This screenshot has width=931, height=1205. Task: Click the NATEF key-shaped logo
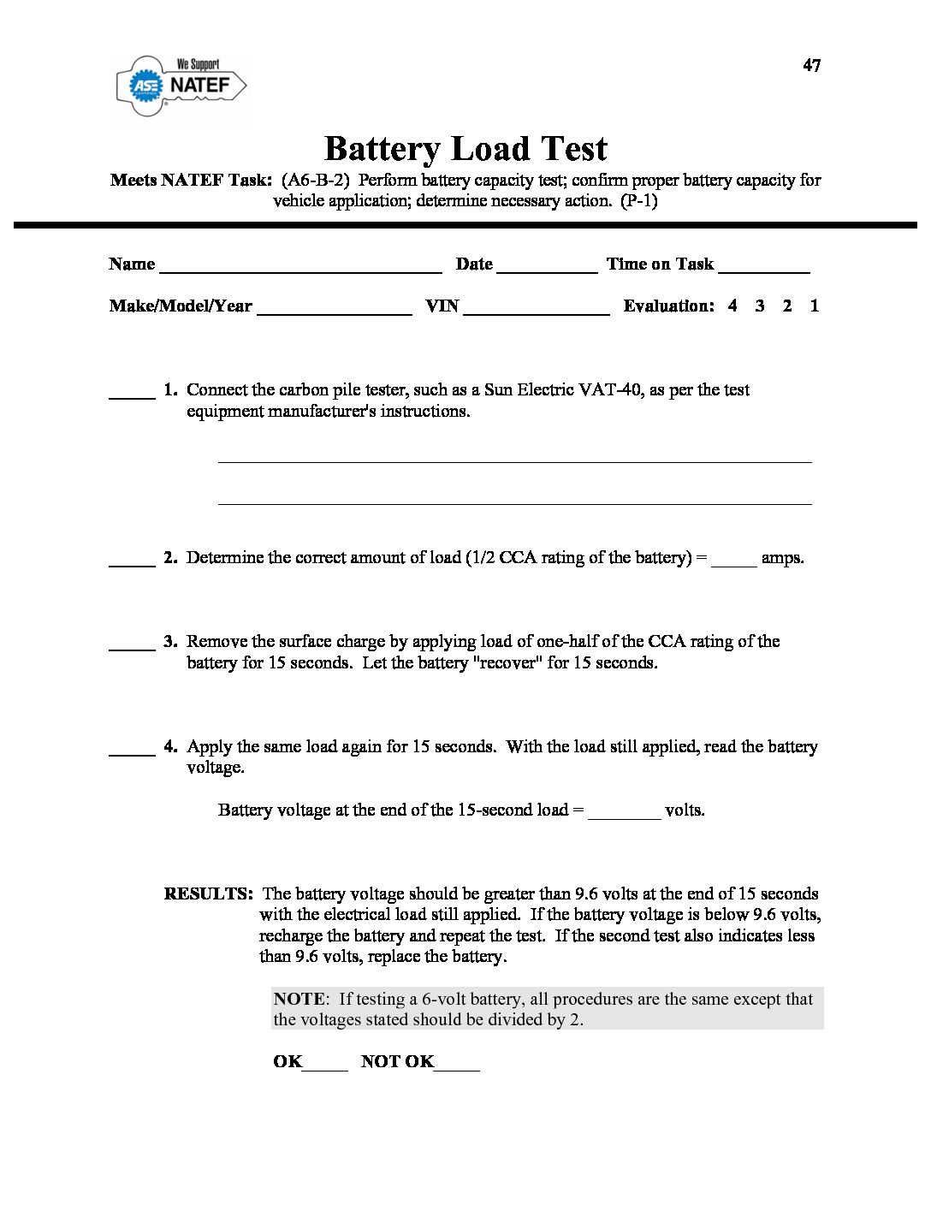click(181, 86)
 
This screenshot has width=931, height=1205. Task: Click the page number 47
click(811, 66)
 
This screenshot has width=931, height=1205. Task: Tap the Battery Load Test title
click(465, 149)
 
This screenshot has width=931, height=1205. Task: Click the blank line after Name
click(300, 267)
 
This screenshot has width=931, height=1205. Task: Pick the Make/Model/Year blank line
click(334, 310)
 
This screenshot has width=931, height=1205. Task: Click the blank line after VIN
click(536, 310)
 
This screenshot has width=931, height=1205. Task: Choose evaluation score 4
click(732, 306)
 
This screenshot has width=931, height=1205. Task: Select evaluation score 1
click(814, 306)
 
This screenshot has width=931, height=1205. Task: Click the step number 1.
click(169, 390)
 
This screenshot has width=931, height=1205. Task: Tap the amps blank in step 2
click(733, 561)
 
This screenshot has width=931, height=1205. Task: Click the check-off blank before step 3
click(132, 645)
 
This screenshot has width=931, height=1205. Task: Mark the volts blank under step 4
click(625, 814)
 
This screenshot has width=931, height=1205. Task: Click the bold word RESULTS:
click(208, 894)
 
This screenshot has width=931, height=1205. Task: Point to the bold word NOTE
click(299, 999)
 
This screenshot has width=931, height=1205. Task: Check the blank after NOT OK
click(457, 1066)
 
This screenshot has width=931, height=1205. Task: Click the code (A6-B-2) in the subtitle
click(316, 181)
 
